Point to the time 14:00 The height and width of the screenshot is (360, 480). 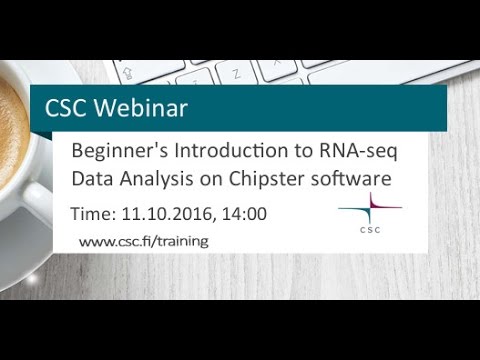[x=243, y=213]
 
